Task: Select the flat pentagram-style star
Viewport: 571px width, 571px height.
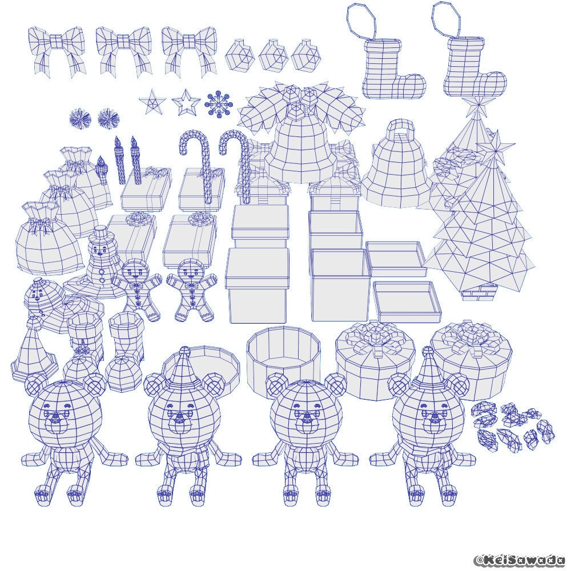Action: click(152, 101)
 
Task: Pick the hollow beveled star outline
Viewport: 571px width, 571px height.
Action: click(186, 102)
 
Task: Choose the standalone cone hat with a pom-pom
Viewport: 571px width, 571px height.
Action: click(34, 348)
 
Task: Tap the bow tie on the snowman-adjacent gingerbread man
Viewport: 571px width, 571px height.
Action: click(137, 286)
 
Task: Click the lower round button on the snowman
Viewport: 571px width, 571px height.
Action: click(102, 280)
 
